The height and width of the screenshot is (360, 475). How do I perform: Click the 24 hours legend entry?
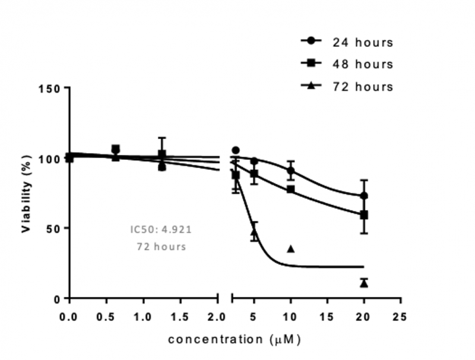tap(347, 42)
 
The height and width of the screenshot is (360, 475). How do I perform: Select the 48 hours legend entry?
tap(347, 64)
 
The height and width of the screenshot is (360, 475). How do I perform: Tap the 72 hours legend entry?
tap(347, 86)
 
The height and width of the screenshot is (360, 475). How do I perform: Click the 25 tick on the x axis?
tap(401, 316)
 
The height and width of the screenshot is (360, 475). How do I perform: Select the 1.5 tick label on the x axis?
tap(180, 316)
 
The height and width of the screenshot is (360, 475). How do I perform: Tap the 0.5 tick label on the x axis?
tap(107, 316)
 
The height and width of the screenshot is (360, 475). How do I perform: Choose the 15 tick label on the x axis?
tap(327, 316)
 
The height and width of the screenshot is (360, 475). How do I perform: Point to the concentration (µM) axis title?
tap(235, 340)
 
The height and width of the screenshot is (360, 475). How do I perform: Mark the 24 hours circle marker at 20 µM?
tap(364, 196)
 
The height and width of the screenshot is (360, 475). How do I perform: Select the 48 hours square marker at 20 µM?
tap(364, 214)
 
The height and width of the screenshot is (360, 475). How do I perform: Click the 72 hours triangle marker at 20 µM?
tap(364, 283)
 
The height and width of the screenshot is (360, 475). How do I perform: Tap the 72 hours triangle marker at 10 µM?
tap(291, 248)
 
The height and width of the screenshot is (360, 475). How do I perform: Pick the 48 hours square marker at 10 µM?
tap(291, 190)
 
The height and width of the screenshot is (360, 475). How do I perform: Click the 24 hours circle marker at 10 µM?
tap(291, 170)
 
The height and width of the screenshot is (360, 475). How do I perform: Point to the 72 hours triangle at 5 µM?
tap(254, 233)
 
